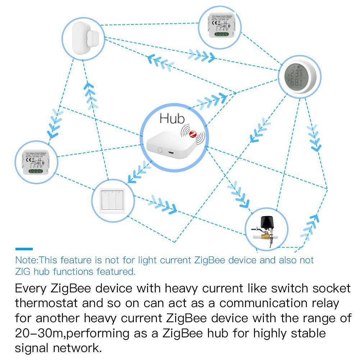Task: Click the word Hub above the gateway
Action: click(x=172, y=118)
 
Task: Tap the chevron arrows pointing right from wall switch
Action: click(x=164, y=204)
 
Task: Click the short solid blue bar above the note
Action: click(x=24, y=249)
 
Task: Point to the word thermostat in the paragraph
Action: click(x=46, y=303)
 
